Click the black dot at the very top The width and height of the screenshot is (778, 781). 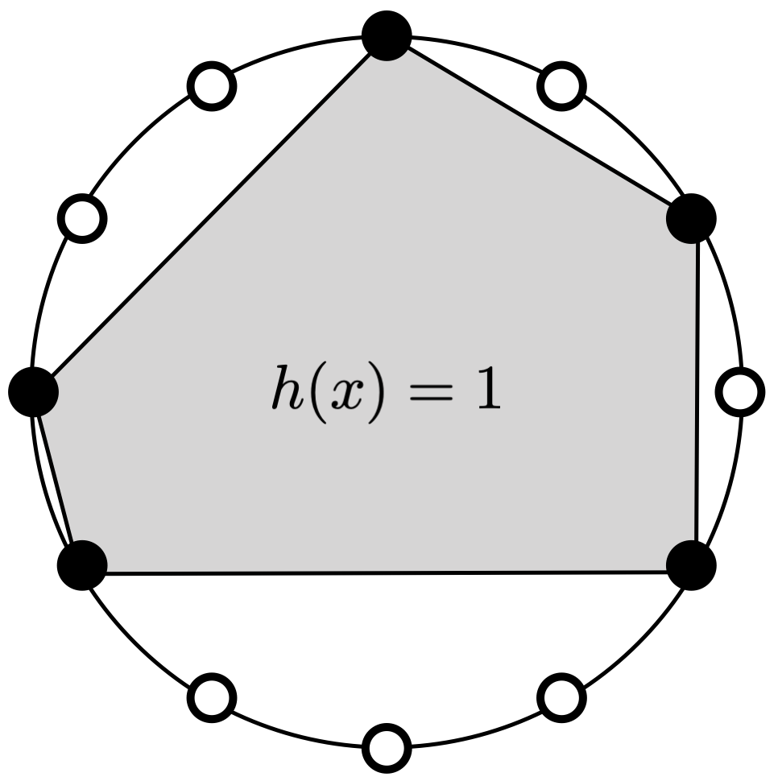click(387, 35)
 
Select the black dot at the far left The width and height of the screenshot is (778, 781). click(33, 390)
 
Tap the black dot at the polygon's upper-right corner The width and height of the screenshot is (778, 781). click(692, 217)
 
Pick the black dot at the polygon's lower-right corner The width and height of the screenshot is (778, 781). click(692, 564)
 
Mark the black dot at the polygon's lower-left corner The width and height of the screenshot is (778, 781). click(82, 564)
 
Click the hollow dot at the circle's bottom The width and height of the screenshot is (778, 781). click(387, 746)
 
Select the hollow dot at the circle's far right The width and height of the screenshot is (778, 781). click(740, 392)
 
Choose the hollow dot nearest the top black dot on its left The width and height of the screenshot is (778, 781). click(212, 84)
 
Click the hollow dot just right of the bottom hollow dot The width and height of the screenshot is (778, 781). click(561, 696)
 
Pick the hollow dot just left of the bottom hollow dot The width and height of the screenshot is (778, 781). click(212, 696)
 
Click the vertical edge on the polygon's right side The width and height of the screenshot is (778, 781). click(697, 390)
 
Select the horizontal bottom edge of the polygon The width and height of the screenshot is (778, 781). click(387, 572)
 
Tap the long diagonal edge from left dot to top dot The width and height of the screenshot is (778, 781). click(209, 213)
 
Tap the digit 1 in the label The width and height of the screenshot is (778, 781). click(488, 392)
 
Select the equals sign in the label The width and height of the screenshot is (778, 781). click(431, 395)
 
